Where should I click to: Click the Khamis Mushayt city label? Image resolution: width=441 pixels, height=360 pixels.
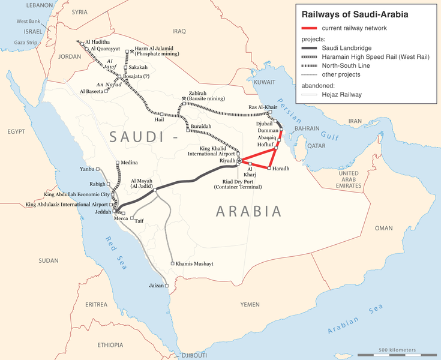196,263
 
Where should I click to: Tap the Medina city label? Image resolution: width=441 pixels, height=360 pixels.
129,163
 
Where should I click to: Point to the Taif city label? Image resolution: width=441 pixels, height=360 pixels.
139,220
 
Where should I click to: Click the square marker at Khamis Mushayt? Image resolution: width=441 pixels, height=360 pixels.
172,263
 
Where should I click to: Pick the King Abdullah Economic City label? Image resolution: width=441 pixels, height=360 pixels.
77,195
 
